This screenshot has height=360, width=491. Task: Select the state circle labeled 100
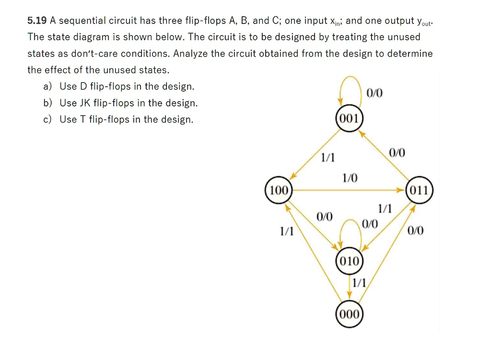click(278, 190)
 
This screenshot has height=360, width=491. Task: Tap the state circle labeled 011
click(420, 190)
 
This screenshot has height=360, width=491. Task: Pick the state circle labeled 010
click(350, 261)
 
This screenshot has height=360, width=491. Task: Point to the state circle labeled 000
click(350, 314)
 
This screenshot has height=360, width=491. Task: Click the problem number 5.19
click(36, 21)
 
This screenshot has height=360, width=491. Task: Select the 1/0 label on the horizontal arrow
click(350, 178)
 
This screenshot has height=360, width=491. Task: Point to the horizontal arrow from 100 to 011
click(345, 190)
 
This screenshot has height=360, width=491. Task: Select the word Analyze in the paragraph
click(189, 54)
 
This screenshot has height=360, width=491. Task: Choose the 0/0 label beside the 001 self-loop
click(374, 93)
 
